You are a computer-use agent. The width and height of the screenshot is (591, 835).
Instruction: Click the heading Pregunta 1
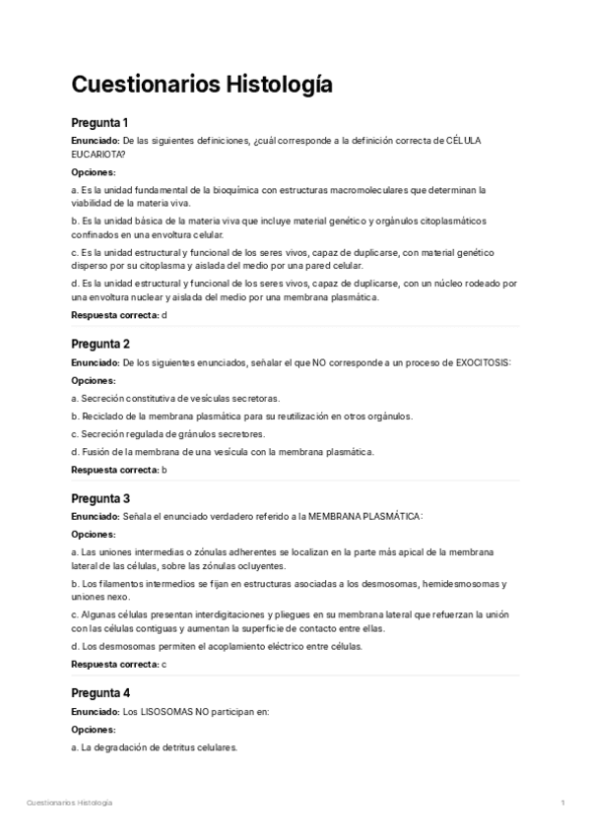(100, 123)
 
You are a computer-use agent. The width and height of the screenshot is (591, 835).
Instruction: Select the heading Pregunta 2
(101, 344)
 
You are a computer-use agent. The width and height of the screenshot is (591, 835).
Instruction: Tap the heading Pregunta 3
(101, 498)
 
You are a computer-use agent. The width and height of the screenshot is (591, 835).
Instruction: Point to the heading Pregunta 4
(101, 692)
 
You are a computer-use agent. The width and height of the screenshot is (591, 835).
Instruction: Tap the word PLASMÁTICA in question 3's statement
(393, 517)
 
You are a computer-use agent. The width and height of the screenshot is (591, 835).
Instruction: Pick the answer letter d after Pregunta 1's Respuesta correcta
(164, 315)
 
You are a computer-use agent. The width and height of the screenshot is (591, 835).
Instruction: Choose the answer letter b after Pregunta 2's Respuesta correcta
(164, 470)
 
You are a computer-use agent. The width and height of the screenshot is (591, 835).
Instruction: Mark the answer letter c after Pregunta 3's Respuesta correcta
(164, 664)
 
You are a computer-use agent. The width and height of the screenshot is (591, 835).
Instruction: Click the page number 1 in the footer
(562, 803)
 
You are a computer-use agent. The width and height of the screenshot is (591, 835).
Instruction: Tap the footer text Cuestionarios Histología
(69, 803)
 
